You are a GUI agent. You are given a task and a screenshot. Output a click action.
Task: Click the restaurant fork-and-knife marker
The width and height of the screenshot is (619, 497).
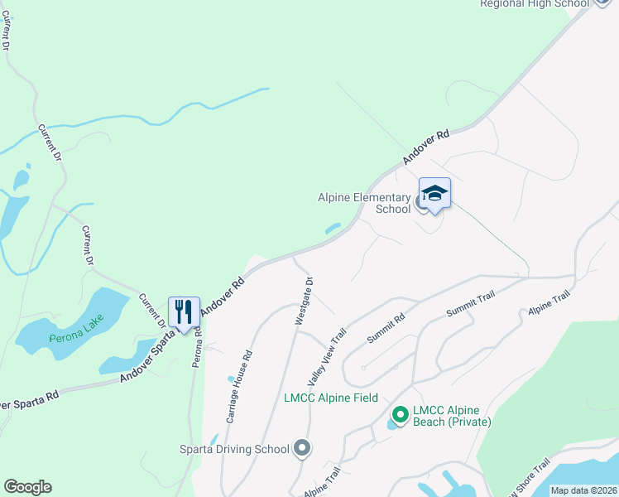click(184, 312)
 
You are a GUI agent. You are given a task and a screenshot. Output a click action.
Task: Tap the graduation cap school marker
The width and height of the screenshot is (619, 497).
click(434, 195)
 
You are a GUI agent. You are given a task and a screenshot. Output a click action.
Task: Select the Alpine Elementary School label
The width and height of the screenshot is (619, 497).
click(364, 203)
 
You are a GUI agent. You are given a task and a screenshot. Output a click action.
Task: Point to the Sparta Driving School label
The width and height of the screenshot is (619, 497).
click(234, 449)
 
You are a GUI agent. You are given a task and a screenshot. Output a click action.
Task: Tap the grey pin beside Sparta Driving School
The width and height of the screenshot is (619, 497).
click(302, 448)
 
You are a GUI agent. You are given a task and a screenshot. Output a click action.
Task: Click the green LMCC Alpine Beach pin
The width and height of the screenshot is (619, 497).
click(401, 414)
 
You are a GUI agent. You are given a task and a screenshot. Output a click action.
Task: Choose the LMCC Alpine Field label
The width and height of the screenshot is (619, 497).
click(331, 398)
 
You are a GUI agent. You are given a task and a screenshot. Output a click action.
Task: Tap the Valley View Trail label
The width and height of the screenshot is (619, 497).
click(327, 357)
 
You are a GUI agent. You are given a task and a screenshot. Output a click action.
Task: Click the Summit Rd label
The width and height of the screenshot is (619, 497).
click(386, 329)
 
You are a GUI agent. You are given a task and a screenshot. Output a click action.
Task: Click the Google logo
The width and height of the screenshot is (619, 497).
click(27, 487)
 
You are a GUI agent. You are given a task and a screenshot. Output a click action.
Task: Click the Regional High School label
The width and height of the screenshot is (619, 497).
click(535, 4)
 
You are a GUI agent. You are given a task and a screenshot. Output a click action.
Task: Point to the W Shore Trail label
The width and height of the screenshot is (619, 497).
click(529, 480)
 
